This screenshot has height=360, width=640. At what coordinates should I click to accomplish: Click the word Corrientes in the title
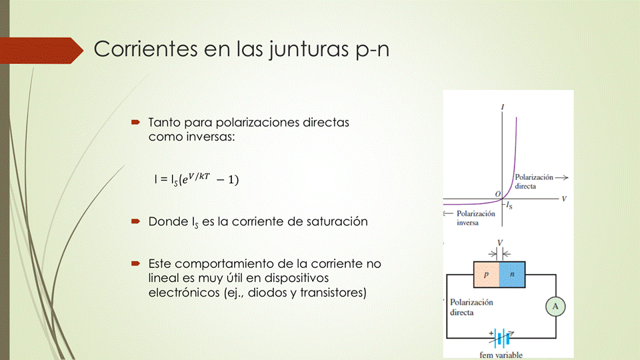click(x=146, y=49)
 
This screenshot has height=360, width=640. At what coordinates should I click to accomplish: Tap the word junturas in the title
click(x=309, y=50)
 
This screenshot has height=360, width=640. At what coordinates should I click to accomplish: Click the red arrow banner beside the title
click(x=41, y=51)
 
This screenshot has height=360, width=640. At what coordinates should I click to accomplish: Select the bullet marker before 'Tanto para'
click(x=136, y=122)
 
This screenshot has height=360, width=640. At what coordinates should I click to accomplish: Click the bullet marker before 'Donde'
click(x=136, y=221)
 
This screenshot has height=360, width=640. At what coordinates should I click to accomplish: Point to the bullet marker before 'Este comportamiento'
click(x=136, y=263)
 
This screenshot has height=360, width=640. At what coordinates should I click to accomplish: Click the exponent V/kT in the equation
click(x=199, y=176)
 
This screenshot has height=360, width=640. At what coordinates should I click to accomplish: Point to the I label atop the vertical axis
click(x=503, y=107)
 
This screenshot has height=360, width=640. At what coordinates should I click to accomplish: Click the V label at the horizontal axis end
click(x=564, y=199)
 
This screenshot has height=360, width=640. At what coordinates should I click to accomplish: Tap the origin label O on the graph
click(x=497, y=194)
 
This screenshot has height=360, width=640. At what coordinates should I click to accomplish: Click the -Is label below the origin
click(x=509, y=205)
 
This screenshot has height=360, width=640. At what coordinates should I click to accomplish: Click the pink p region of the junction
click(x=487, y=275)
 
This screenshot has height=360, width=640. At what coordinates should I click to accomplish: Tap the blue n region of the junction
click(x=512, y=275)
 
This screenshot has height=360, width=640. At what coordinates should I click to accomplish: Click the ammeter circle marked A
click(x=555, y=307)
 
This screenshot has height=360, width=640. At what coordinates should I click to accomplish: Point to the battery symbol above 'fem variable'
click(x=501, y=337)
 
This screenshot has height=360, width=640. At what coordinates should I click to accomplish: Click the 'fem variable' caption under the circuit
click(x=501, y=355)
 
